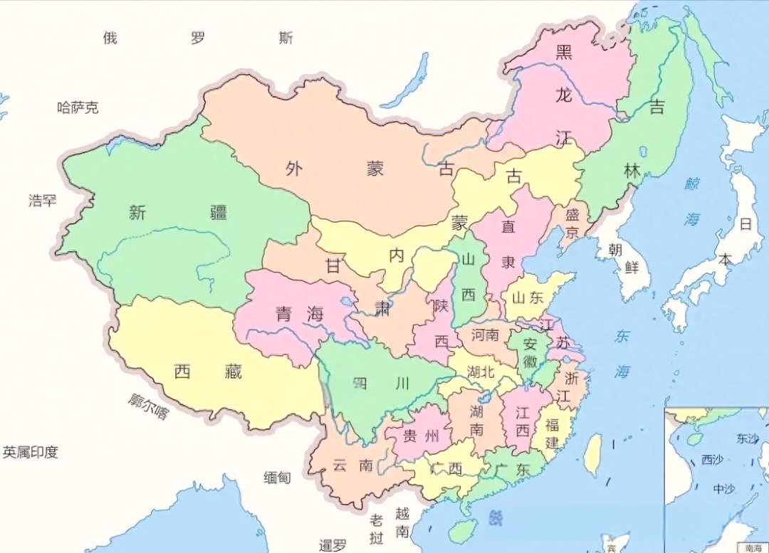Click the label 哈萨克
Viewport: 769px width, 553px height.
tap(78, 108)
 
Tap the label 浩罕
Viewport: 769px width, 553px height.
tap(42, 200)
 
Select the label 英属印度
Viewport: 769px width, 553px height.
tap(30, 452)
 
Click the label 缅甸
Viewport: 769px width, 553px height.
tap(277, 478)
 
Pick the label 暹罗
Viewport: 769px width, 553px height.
tap(333, 545)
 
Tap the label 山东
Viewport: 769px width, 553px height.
tap(528, 298)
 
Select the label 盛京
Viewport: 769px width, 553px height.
tap(572, 223)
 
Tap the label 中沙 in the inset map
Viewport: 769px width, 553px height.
tap(726, 489)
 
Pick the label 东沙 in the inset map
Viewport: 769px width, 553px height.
tap(748, 438)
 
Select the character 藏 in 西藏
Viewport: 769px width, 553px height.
tap(231, 371)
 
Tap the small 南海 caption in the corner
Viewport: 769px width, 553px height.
tap(753, 547)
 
